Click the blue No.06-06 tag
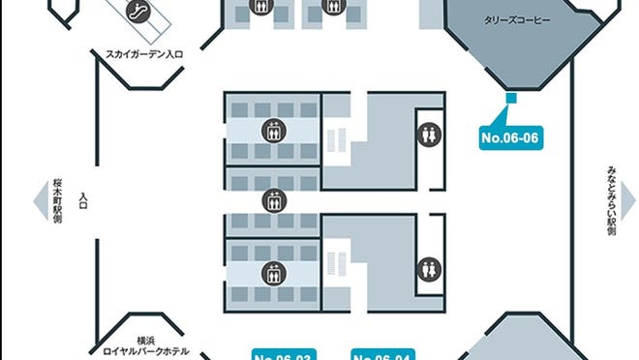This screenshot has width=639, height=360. (x=509, y=138)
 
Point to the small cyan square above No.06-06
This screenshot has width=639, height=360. (x=510, y=97)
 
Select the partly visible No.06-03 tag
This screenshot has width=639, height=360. (x=284, y=354)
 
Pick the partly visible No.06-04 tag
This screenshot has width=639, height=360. (x=382, y=354)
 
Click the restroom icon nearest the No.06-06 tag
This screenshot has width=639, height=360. (x=429, y=135)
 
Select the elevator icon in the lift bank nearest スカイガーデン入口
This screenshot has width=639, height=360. (x=274, y=131)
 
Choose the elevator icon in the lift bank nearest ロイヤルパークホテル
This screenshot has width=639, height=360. (x=274, y=273)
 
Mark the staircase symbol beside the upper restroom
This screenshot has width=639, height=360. (x=335, y=140)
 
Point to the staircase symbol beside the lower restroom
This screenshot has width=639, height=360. (x=335, y=262)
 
